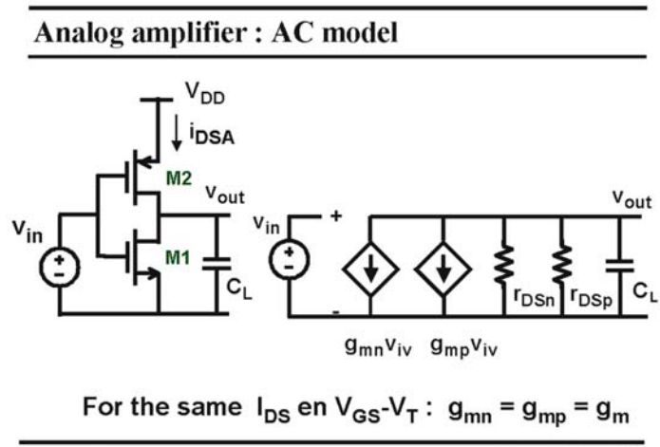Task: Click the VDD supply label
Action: [205, 93]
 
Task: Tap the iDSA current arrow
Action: [177, 133]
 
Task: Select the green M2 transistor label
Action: [179, 178]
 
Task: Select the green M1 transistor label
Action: [178, 257]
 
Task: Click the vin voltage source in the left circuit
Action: [59, 267]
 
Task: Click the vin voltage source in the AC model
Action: [290, 259]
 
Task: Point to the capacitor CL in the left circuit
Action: [217, 264]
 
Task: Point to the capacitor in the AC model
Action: [619, 266]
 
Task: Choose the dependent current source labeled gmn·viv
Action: [370, 270]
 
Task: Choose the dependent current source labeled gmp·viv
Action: [443, 270]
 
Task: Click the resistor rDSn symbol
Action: [504, 265]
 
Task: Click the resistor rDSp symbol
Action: [562, 265]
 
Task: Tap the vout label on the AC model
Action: [632, 198]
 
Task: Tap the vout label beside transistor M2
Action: [225, 195]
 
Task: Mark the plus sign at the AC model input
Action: [336, 216]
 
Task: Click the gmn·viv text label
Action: [378, 347]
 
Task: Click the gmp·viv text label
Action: [463, 347]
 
